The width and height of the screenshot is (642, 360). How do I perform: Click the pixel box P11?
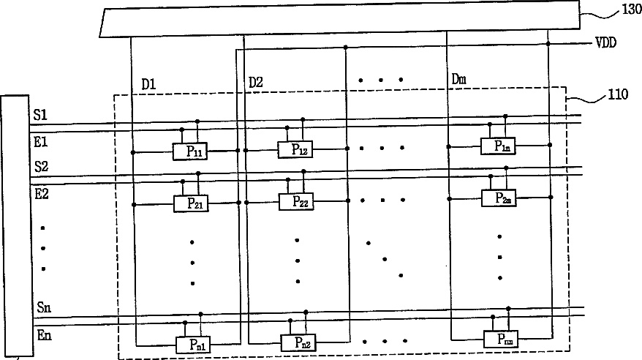(191, 151)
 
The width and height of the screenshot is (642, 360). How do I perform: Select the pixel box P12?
(295, 149)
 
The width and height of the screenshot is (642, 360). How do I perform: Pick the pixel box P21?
(191, 203)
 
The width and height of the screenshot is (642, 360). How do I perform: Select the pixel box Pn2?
(299, 341)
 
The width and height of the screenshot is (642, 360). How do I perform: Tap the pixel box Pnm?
(501, 338)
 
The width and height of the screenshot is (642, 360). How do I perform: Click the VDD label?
(605, 43)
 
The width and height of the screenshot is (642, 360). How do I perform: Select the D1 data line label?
(148, 83)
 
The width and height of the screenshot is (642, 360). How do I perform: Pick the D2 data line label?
(255, 82)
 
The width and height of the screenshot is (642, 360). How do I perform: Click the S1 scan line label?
(40, 115)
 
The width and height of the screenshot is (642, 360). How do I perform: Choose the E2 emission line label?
(41, 194)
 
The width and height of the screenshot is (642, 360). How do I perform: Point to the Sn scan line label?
(42, 307)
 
